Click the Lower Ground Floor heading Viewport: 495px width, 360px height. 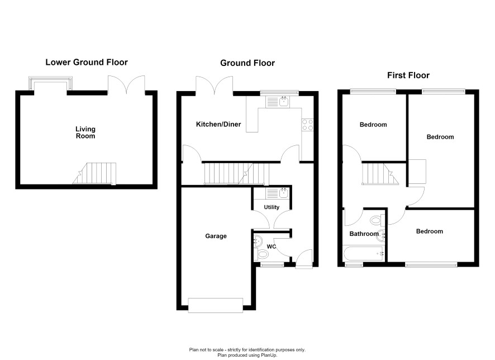87,62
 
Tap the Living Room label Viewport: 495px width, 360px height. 85,132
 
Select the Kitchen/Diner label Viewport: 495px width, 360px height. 218,125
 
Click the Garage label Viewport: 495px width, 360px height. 216,236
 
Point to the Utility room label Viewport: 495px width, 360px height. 272,207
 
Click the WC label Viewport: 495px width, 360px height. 272,247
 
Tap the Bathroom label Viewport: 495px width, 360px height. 364,234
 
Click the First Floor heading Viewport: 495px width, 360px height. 408,75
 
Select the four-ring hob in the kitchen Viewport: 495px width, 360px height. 307,125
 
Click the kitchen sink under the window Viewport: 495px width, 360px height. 278,102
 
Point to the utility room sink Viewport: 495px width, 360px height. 278,193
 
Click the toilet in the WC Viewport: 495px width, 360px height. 261,254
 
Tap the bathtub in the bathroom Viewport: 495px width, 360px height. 364,254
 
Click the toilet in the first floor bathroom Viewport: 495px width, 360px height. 378,220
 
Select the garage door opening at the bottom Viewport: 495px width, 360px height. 216,305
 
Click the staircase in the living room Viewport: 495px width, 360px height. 95,173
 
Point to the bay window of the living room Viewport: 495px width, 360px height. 50,83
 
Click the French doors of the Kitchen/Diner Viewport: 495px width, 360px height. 215,86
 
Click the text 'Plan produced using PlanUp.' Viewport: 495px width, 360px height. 247,356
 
